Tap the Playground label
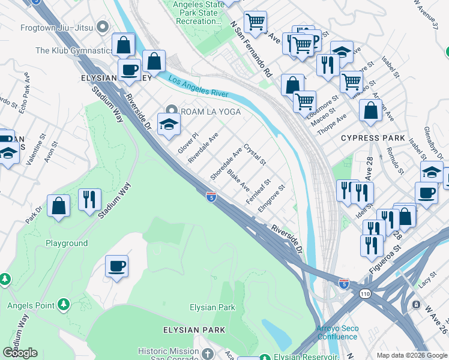click(67, 243)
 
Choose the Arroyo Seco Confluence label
click(336, 332)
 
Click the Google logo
click(20, 353)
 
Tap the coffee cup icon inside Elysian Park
click(116, 266)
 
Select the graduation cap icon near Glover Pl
click(169, 124)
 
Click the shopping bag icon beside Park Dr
click(59, 206)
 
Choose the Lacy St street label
click(426, 278)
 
